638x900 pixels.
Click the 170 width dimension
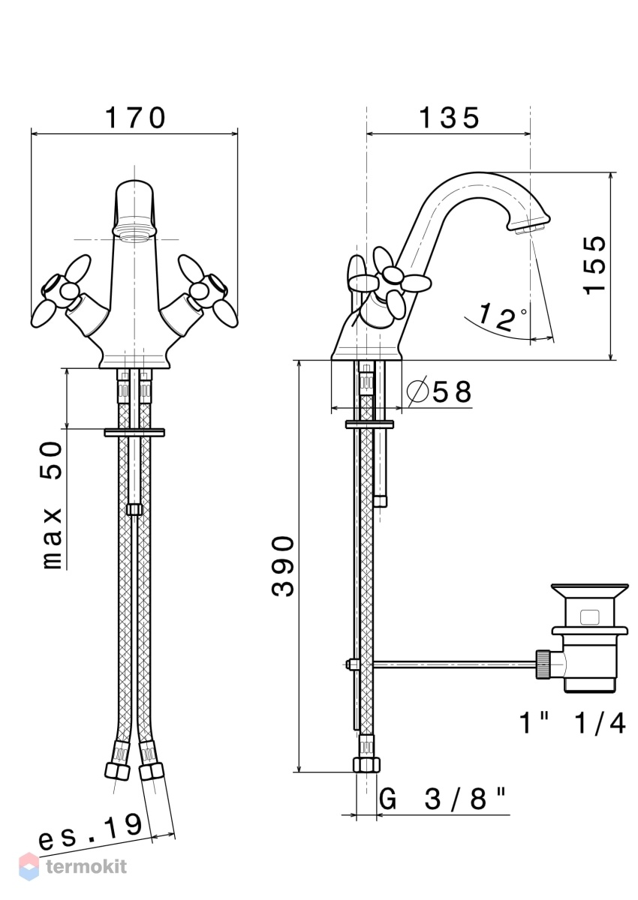click(x=135, y=118)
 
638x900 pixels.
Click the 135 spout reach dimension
click(x=450, y=118)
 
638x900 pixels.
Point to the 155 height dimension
click(x=595, y=265)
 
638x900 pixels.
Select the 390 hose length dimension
click(x=283, y=565)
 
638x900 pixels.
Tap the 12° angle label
click(x=501, y=316)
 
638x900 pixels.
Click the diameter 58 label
click(x=439, y=391)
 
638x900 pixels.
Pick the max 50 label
click(x=53, y=505)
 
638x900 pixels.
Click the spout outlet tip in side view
click(x=529, y=228)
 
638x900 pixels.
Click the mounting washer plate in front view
click(x=134, y=432)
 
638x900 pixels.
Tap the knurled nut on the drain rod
click(x=543, y=665)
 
